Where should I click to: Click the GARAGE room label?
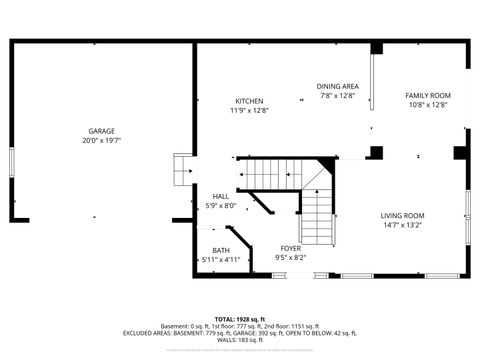(x=101, y=131)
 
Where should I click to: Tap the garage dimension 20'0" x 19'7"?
(x=101, y=141)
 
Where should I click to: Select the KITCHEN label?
(x=249, y=101)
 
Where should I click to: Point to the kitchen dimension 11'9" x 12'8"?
(x=249, y=111)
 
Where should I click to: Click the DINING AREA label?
(x=337, y=87)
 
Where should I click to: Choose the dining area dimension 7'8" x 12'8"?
(x=337, y=97)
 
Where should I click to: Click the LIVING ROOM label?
(x=402, y=216)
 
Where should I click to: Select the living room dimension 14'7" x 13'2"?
(x=402, y=226)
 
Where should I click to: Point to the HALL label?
(x=221, y=196)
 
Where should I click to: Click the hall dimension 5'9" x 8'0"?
(x=221, y=206)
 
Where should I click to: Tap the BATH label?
(x=221, y=250)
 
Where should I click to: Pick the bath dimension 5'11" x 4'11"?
(x=221, y=260)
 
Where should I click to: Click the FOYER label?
(x=290, y=248)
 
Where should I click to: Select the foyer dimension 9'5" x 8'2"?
(x=290, y=258)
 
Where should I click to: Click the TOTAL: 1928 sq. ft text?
(x=240, y=318)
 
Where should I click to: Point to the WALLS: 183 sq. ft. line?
(x=240, y=342)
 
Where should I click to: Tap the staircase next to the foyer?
(x=316, y=215)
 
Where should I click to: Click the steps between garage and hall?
(x=182, y=171)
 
